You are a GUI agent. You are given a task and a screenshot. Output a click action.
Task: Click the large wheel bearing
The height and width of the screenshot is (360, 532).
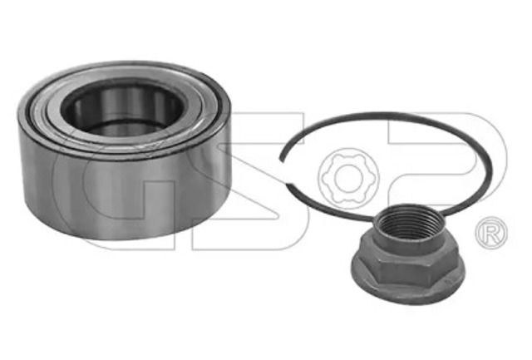[x=124, y=150]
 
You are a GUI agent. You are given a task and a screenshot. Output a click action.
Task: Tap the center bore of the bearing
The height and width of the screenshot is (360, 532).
[x=122, y=109]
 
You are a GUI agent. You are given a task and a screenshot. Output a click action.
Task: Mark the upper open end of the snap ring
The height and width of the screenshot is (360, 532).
[x=282, y=159]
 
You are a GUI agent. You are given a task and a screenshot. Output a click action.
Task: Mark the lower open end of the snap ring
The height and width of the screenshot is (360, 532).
[x=288, y=185]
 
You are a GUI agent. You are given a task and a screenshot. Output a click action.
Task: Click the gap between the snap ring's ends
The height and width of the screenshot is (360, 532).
[x=284, y=172]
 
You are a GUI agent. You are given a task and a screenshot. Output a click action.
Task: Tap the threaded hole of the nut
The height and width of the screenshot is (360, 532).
[x=409, y=221]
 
